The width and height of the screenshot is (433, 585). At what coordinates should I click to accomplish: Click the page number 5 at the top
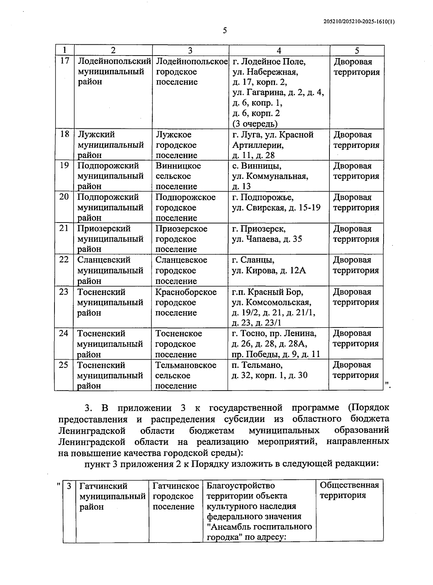click(224, 31)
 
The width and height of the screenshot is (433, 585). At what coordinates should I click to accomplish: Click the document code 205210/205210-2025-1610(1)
click(359, 22)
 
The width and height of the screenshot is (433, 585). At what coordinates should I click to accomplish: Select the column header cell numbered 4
click(279, 51)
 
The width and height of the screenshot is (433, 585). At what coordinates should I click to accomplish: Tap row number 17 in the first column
click(64, 61)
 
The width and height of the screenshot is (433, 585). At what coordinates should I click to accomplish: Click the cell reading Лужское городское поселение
click(176, 145)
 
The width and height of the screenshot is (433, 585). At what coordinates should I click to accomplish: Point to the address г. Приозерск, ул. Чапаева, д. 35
click(267, 234)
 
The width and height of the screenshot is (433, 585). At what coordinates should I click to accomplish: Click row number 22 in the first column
click(64, 260)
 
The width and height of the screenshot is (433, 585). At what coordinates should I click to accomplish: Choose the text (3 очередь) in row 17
click(255, 124)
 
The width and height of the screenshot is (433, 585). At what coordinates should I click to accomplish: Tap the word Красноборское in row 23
click(186, 292)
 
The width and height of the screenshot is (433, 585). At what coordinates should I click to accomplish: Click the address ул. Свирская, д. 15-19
click(276, 208)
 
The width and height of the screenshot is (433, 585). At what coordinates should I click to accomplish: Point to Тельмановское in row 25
click(186, 365)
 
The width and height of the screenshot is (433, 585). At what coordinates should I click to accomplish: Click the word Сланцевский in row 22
click(104, 260)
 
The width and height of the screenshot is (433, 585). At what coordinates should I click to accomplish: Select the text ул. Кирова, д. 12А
click(268, 270)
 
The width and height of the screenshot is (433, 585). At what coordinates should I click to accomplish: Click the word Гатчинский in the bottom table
click(104, 486)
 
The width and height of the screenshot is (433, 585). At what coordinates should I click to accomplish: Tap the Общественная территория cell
click(349, 490)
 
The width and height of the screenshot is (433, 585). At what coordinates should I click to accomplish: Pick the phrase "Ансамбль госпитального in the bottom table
click(259, 527)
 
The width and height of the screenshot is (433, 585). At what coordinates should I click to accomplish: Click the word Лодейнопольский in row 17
click(114, 61)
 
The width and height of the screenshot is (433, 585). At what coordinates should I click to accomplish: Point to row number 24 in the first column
click(64, 333)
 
